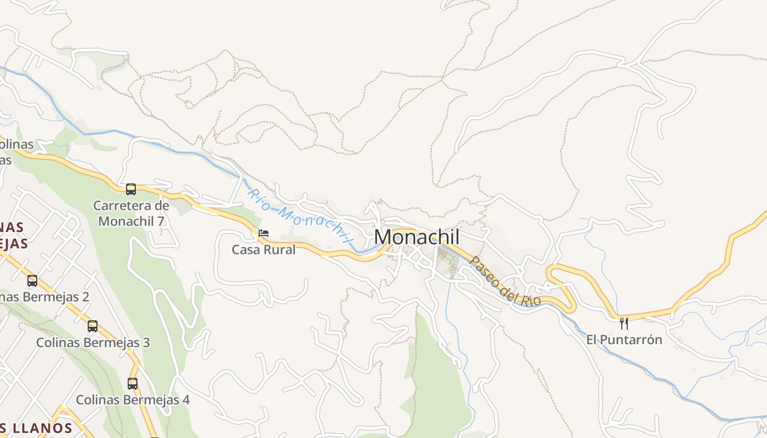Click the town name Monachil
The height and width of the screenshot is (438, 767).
(417, 237)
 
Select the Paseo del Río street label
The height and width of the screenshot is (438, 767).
(505, 281)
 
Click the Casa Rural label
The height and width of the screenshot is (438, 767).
(264, 250)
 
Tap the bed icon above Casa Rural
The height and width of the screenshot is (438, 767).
(264, 234)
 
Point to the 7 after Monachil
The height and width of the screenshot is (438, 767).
(161, 221)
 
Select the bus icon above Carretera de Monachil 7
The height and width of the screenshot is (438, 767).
(131, 189)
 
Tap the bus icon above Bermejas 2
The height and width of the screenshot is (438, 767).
(32, 281)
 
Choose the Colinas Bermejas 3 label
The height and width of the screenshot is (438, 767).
(93, 343)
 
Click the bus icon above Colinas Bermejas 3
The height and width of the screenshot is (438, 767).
(93, 326)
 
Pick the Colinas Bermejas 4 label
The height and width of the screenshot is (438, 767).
(133, 400)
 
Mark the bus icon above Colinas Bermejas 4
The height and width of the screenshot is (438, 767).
(133, 383)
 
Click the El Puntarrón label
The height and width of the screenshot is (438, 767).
(624, 339)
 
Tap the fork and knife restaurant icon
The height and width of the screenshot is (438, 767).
(623, 323)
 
